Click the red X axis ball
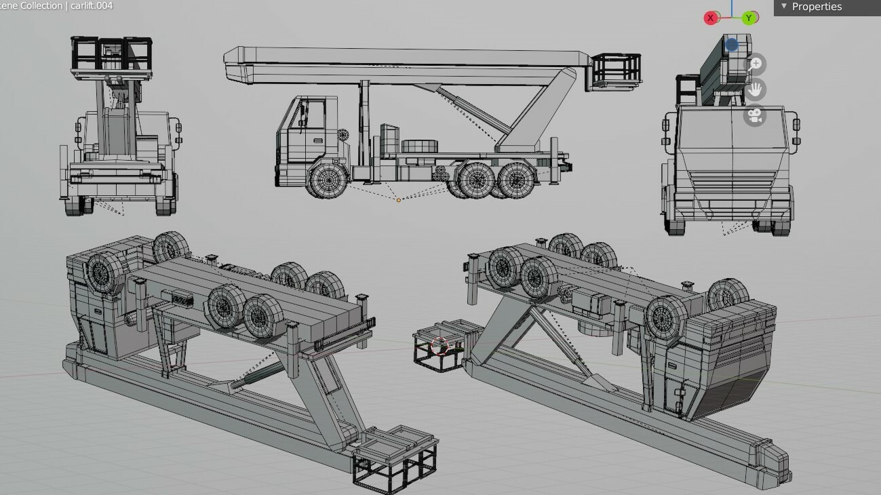(710, 18)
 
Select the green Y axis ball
(749, 18)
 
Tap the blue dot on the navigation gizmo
(731, 45)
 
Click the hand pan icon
(755, 90)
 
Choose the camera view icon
(755, 115)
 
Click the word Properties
(817, 7)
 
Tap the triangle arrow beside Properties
(784, 6)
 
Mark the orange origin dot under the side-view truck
(399, 199)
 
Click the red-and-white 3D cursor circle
(440, 346)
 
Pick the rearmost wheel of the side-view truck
(515, 180)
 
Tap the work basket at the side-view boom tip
(616, 69)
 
